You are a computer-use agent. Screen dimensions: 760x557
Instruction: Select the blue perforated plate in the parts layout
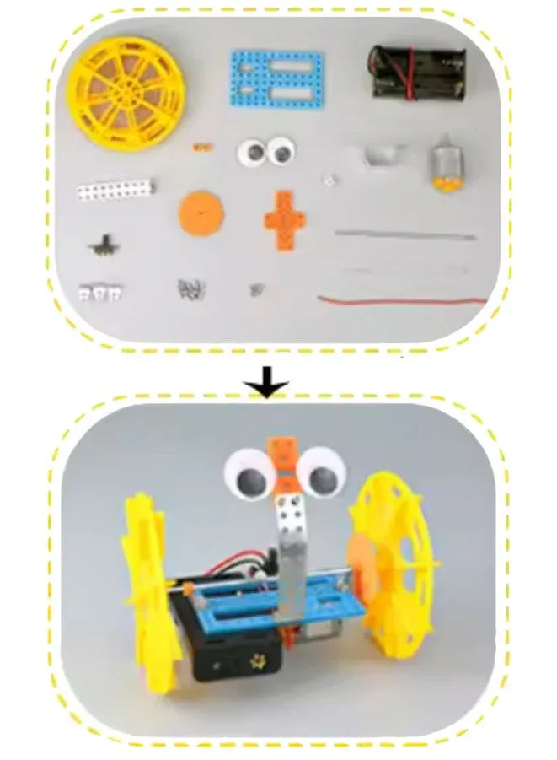tap(276, 78)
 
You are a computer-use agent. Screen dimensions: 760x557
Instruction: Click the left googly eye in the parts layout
tap(252, 153)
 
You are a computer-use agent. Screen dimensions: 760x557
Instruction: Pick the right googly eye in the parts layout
tap(281, 152)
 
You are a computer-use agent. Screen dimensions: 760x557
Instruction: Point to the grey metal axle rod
tap(404, 234)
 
